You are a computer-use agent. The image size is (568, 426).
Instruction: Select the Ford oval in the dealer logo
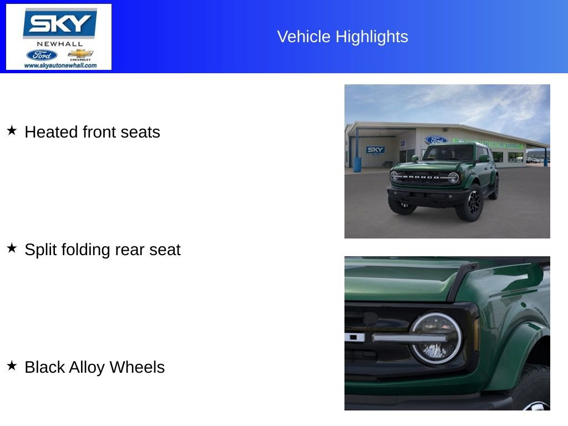coord(42,55)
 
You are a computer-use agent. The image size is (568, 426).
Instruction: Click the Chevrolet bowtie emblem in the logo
coord(80,54)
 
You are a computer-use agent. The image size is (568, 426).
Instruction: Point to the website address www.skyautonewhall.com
coord(60,65)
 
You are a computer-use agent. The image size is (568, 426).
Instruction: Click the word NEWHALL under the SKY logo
coord(59,44)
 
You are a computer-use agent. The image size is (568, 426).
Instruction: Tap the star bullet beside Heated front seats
coord(12,130)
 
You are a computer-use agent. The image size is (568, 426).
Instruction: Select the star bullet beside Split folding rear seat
coord(12,248)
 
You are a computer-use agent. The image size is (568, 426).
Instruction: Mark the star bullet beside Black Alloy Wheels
coord(12,366)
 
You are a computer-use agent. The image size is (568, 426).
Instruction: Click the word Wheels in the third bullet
coord(137,367)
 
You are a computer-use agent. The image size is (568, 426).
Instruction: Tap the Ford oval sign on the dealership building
coord(435,140)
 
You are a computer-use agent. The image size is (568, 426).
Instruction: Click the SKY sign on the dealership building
coord(376,150)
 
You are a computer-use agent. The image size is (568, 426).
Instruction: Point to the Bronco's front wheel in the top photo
coord(473,204)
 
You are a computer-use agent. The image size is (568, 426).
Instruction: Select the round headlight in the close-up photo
coord(435,338)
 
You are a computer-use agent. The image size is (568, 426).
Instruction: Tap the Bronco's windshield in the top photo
coord(448,153)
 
